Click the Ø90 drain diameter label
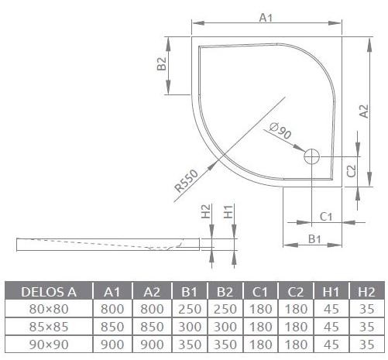pyautogui.click(x=280, y=132)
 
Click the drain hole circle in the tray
pyautogui.click(x=312, y=156)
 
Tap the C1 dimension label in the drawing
pyautogui.click(x=326, y=216)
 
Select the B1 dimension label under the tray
pyautogui.click(x=314, y=239)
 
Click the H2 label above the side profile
pyautogui.click(x=205, y=210)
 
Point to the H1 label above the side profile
pyautogui.click(x=228, y=210)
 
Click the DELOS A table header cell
pyautogui.click(x=48, y=291)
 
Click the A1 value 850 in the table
pyautogui.click(x=112, y=326)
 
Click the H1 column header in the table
pyautogui.click(x=330, y=291)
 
